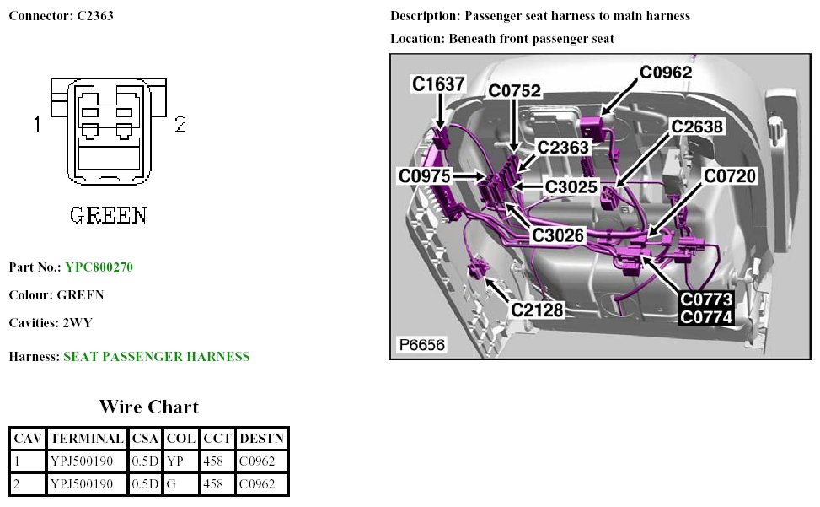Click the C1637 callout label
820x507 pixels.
pyautogui.click(x=438, y=84)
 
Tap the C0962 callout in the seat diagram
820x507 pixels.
pyautogui.click(x=666, y=73)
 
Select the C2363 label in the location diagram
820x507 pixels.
pyautogui.click(x=564, y=148)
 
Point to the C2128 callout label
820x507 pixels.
pyautogui.click(x=538, y=310)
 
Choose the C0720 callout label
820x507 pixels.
pyautogui.click(x=731, y=175)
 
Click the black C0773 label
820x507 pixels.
pyautogui.click(x=707, y=299)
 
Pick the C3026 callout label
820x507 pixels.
pyautogui.click(x=558, y=235)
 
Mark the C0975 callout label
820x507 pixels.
pyautogui.click(x=426, y=175)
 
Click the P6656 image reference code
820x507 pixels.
pyautogui.click(x=421, y=345)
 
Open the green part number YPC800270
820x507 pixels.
pyautogui.click(x=99, y=267)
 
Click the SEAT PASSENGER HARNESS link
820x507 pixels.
pyautogui.click(x=156, y=357)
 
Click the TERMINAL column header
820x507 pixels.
pyautogui.click(x=87, y=438)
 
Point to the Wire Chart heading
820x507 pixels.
pyautogui.click(x=148, y=407)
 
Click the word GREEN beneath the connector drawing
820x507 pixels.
pyautogui.click(x=108, y=215)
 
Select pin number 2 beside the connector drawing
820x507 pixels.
pyautogui.click(x=180, y=125)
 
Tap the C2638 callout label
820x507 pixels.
pyautogui.click(x=697, y=127)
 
